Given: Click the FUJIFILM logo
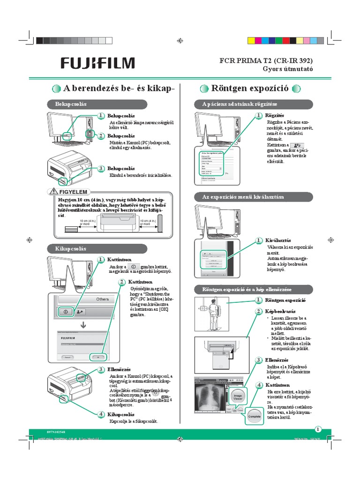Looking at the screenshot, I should [97, 63].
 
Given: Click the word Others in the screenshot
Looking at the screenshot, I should [102, 299].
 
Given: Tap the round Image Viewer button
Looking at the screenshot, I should [238, 396].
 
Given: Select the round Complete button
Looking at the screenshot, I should [254, 416].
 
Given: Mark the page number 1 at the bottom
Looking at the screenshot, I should [318, 429].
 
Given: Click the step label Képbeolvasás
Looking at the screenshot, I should [280, 311].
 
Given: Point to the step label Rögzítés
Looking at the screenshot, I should [275, 115].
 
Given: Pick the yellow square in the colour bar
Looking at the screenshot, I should [252, 41].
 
